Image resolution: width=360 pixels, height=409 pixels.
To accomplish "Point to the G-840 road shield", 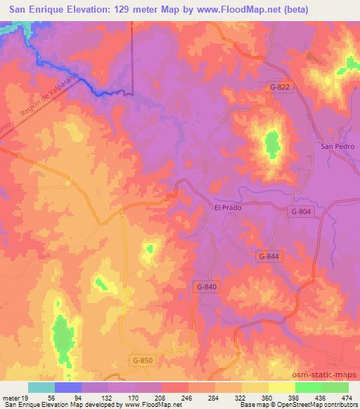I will (207, 287).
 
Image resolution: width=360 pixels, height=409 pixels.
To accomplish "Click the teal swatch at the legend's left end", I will (41, 387).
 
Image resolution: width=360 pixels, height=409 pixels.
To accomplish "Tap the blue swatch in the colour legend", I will (67, 387).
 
